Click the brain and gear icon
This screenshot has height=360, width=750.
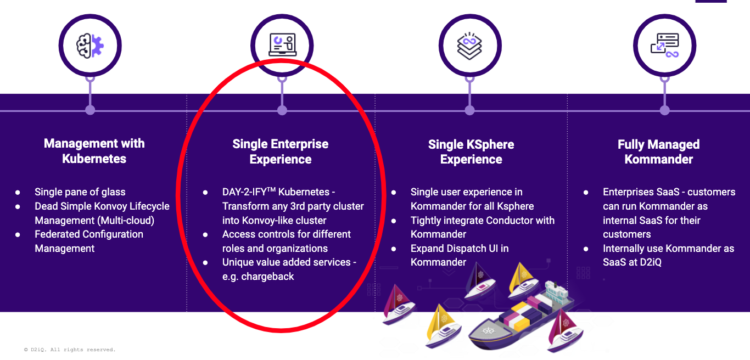pos(90,46)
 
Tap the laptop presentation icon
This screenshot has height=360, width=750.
pos(283,44)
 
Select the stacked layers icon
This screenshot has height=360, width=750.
pos(470,46)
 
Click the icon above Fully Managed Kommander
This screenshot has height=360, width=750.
pos(664,46)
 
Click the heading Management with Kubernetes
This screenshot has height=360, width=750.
pos(94,151)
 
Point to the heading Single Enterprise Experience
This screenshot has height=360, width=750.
pos(281,151)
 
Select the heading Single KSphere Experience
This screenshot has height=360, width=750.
pos(471,152)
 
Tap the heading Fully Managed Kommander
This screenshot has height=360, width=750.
pos(659,152)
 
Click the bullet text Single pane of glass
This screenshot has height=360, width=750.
pos(80,192)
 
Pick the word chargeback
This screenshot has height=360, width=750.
pos(267,277)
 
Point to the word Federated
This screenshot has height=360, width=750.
pos(56,234)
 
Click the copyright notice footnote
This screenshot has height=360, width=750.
pos(70,350)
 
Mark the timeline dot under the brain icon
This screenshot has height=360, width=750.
pos(90,110)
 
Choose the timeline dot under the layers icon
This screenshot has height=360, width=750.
pos(470,110)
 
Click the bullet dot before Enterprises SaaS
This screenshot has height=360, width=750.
pos(586,193)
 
